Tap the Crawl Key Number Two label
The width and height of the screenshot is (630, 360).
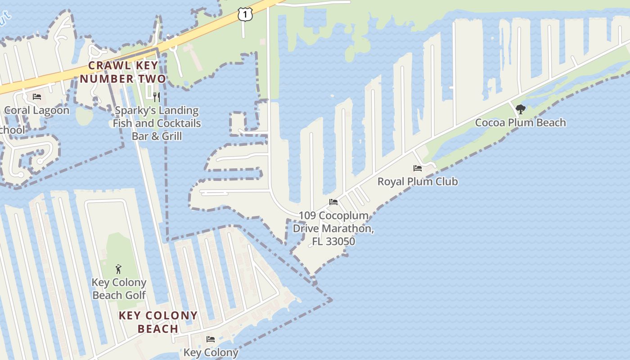(122, 72)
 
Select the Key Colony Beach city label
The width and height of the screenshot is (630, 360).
(158, 322)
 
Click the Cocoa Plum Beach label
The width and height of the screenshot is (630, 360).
(520, 122)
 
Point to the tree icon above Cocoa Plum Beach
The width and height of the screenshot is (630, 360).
(521, 109)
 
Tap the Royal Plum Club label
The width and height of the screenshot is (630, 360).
(418, 181)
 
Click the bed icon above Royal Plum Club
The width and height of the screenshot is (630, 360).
(418, 168)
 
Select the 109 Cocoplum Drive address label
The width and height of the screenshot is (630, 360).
(333, 228)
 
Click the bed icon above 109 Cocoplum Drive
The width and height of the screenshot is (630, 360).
(333, 202)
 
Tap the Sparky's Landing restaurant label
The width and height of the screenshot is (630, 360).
(157, 123)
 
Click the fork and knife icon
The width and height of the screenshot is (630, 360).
(157, 97)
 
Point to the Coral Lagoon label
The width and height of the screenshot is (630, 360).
(37, 110)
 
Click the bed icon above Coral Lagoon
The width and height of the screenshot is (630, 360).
(37, 97)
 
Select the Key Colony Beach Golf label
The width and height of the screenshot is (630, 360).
(119, 288)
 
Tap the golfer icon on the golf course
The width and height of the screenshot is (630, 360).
(118, 269)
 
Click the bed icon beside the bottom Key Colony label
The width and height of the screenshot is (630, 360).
(210, 339)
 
